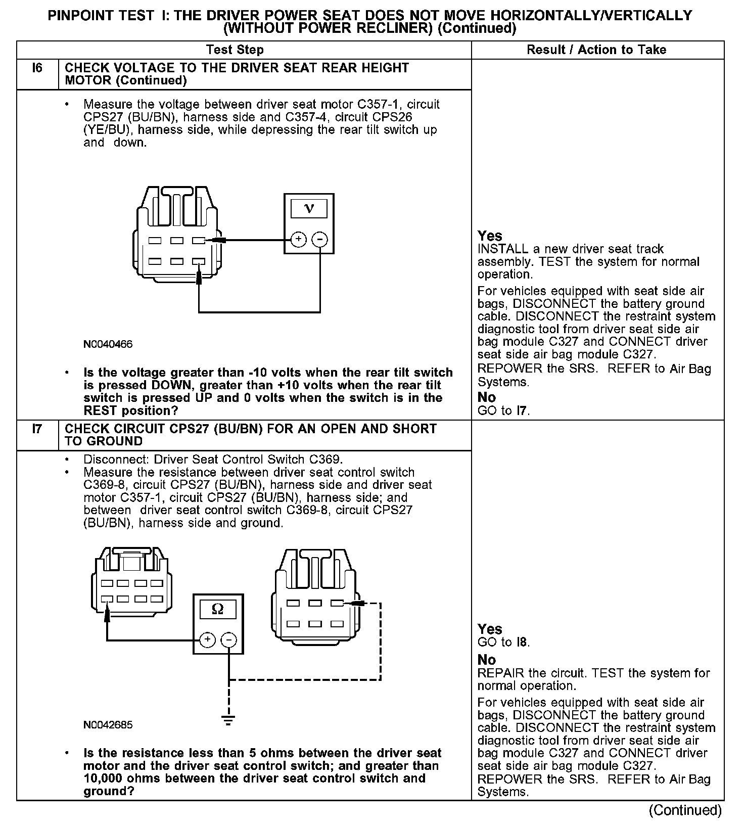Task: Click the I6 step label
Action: tap(37, 68)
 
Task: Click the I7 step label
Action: tap(37, 429)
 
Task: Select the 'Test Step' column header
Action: tap(235, 50)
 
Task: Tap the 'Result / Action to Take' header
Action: tap(596, 50)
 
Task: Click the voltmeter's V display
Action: tap(309, 208)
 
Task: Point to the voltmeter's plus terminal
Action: tap(299, 239)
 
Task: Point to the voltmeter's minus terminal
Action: tap(319, 239)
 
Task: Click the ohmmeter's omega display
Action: tap(218, 609)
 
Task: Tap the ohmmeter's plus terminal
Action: tap(208, 640)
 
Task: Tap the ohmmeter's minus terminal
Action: tap(229, 640)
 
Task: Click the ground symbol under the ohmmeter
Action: tap(229, 721)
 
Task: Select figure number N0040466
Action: tap(108, 344)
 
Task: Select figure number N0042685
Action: tap(108, 725)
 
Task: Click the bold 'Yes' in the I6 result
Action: tap(490, 236)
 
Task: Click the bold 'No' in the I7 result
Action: tap(487, 660)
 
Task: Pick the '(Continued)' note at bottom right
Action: tap(685, 810)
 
